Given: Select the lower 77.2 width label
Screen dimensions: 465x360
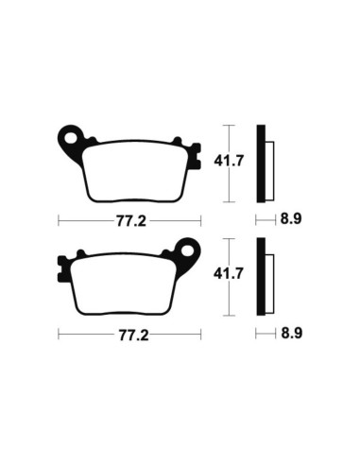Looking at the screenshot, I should (x=129, y=334).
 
